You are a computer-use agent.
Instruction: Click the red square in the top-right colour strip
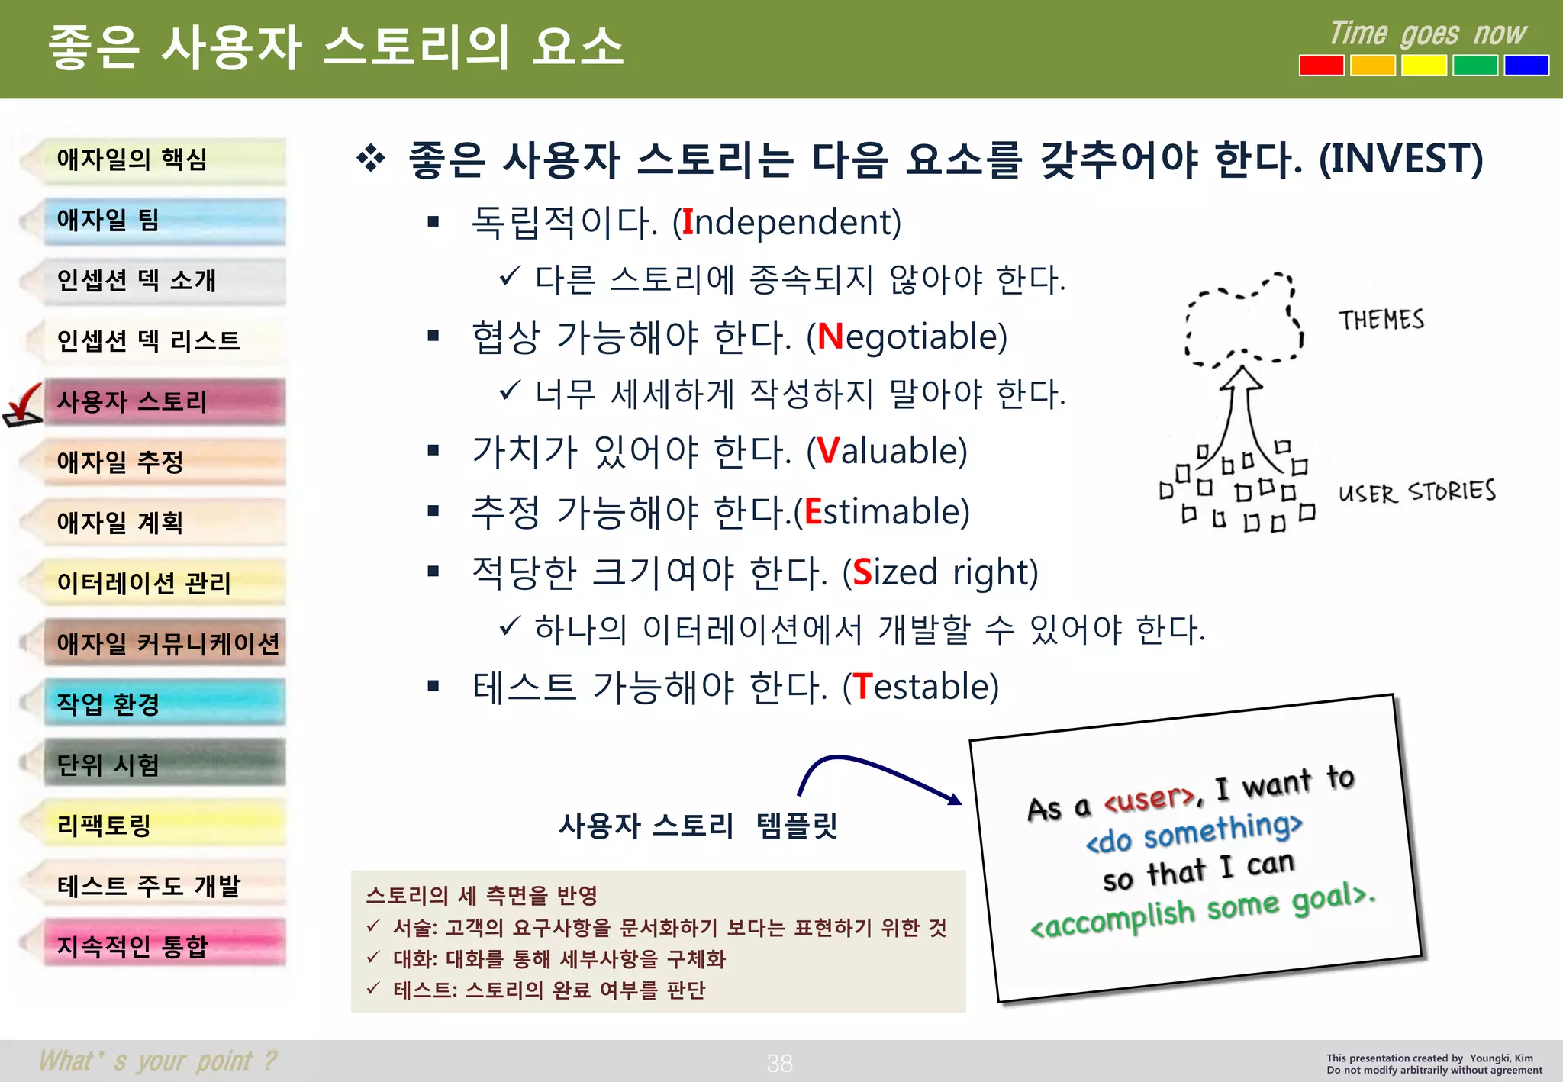click(1321, 66)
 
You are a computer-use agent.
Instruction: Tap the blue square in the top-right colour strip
click(1526, 66)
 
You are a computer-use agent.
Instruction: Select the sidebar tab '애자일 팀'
click(164, 221)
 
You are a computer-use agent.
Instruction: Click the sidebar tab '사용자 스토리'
click(164, 401)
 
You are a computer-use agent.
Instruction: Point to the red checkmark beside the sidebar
click(23, 404)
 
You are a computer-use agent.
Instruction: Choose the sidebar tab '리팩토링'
click(164, 825)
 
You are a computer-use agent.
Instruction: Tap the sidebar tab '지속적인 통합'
click(164, 946)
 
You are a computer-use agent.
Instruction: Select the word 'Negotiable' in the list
click(912, 337)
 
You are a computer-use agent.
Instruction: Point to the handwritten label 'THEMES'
click(1381, 320)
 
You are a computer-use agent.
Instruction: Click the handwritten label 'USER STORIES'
click(1416, 492)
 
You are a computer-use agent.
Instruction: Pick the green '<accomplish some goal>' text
click(1201, 912)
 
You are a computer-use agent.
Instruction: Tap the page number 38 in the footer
click(779, 1063)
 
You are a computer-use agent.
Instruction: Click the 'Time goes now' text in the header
click(1427, 34)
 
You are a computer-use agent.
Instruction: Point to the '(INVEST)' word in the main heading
click(1401, 159)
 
